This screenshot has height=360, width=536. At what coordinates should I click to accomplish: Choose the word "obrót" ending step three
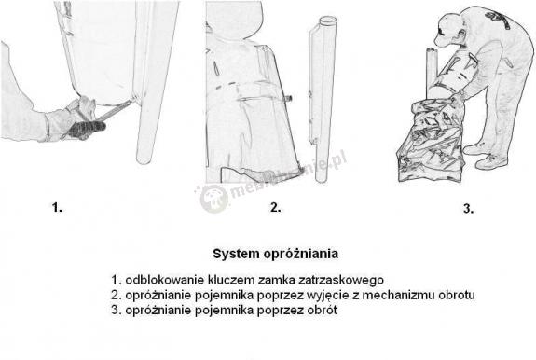[x=320, y=310]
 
